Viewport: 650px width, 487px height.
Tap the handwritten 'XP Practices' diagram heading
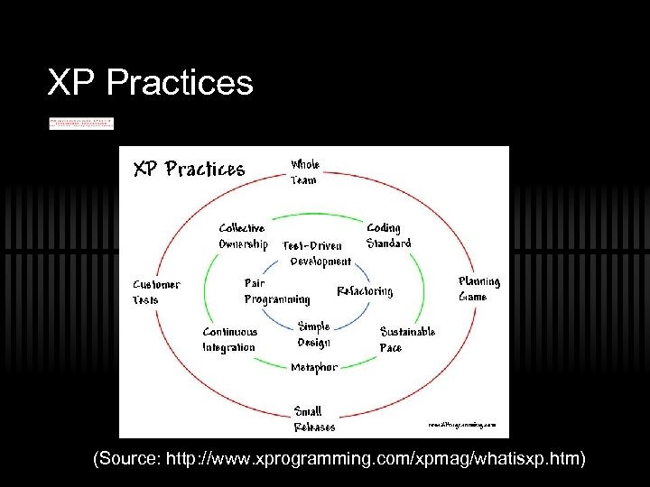(189, 169)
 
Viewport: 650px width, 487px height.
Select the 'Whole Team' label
(304, 172)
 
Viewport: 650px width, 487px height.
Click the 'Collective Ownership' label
(243, 236)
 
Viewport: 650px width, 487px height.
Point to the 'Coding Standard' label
(388, 235)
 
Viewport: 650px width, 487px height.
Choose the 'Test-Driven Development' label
(317, 253)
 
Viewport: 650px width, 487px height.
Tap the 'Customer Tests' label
(156, 291)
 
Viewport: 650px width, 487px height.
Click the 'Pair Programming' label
(276, 291)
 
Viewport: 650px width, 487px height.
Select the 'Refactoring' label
(365, 291)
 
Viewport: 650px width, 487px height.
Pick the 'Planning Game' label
(478, 289)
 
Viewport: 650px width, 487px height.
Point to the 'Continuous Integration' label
(229, 339)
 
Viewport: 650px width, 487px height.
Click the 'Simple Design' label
(314, 334)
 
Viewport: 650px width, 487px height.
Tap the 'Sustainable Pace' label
(407, 339)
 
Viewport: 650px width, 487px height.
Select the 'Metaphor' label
(314, 367)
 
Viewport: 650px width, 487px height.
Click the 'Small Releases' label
(313, 419)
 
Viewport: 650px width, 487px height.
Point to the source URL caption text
(339, 460)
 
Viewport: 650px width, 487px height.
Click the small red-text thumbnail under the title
(81, 123)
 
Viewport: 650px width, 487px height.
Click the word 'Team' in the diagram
(303, 180)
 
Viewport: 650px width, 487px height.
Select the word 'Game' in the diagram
(472, 297)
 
